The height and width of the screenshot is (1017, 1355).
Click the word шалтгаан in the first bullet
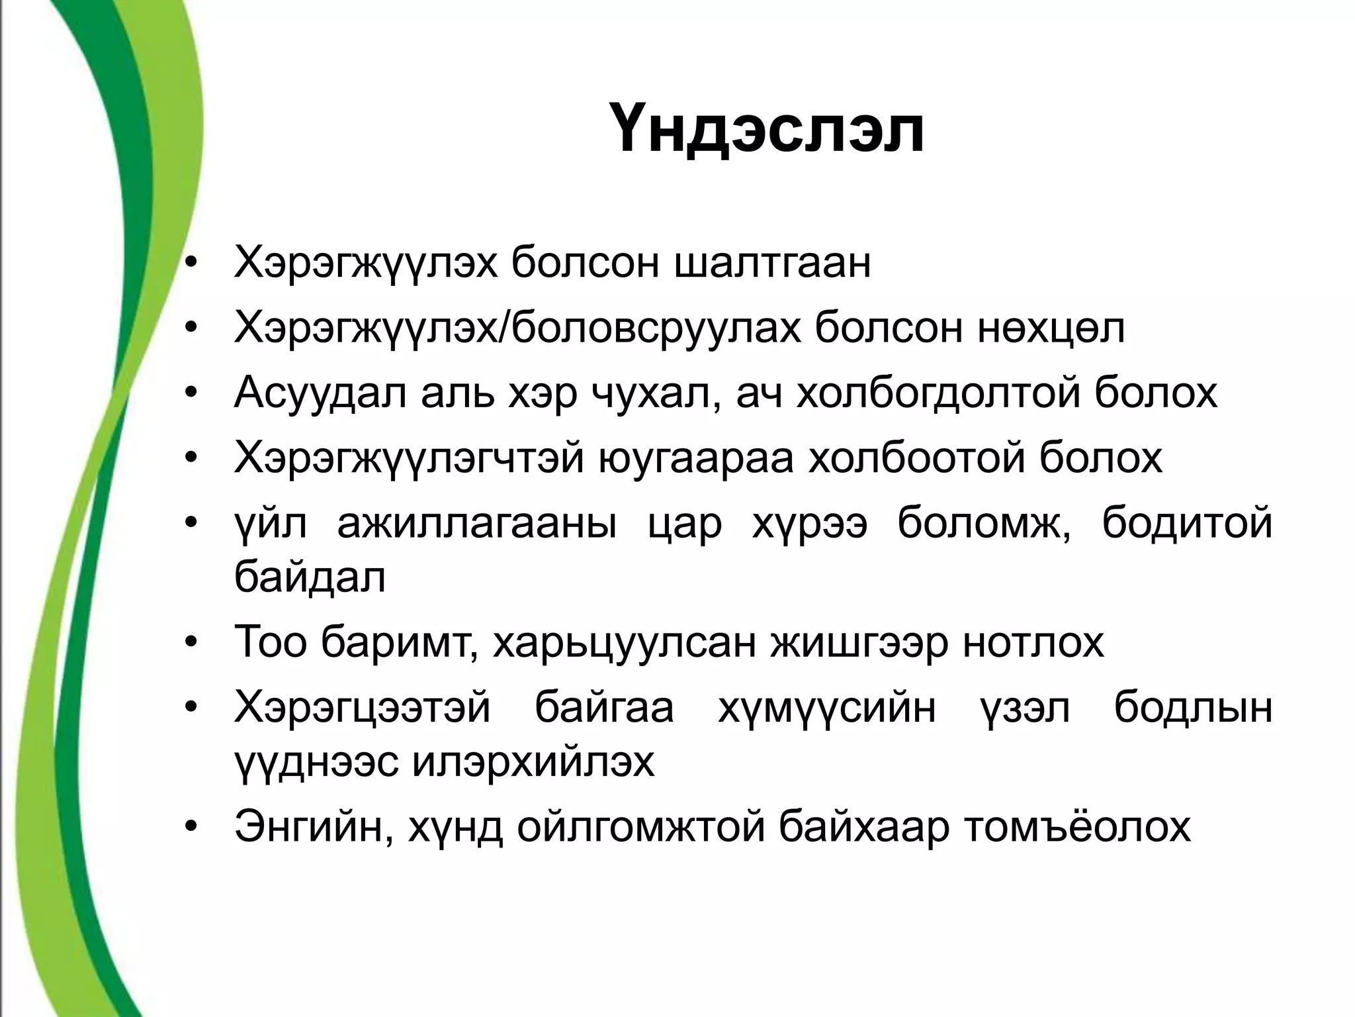click(773, 264)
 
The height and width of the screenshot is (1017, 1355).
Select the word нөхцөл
click(1051, 329)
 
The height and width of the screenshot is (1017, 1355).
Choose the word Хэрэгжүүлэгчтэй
click(408, 459)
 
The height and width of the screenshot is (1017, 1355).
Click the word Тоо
click(270, 642)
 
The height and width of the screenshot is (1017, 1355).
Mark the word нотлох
click(1033, 642)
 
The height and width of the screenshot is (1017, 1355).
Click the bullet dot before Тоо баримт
click(192, 642)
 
